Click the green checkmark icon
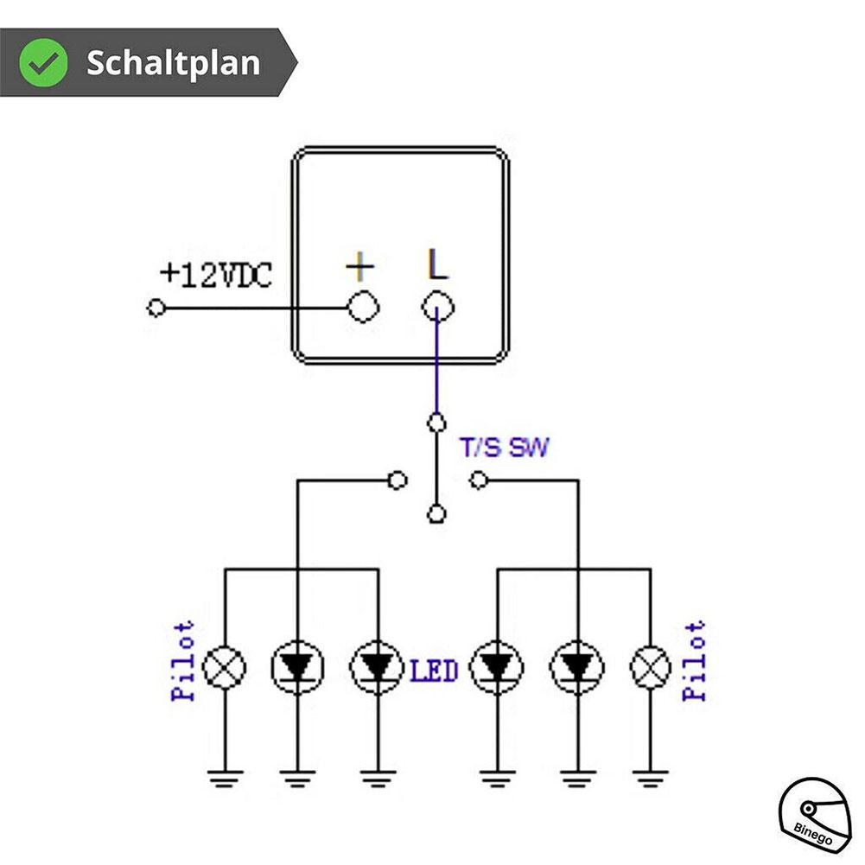point(44,62)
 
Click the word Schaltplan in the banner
point(173,63)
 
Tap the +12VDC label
point(216,275)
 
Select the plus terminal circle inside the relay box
point(361,307)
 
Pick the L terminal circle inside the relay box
point(438,307)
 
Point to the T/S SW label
point(503,448)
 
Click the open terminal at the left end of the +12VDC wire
point(156,308)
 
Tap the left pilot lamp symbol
point(225,666)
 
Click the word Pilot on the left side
point(184,661)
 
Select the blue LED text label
point(434,671)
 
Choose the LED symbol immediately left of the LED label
point(377,666)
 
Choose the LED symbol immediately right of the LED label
point(494,666)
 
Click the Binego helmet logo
point(816,817)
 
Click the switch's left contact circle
point(398,480)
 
